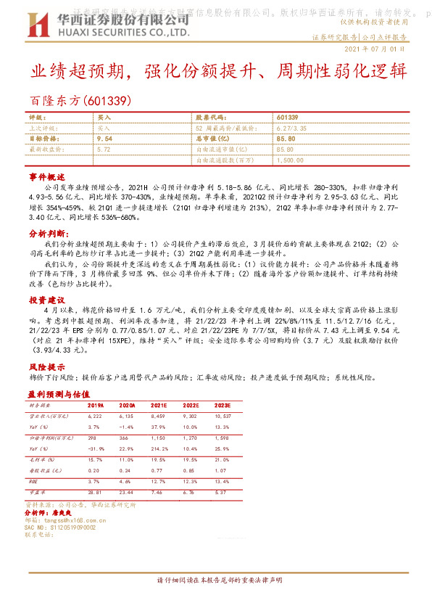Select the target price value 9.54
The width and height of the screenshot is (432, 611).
104,137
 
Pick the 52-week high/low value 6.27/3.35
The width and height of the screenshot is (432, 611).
290,127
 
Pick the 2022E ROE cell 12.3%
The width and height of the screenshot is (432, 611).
191,481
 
